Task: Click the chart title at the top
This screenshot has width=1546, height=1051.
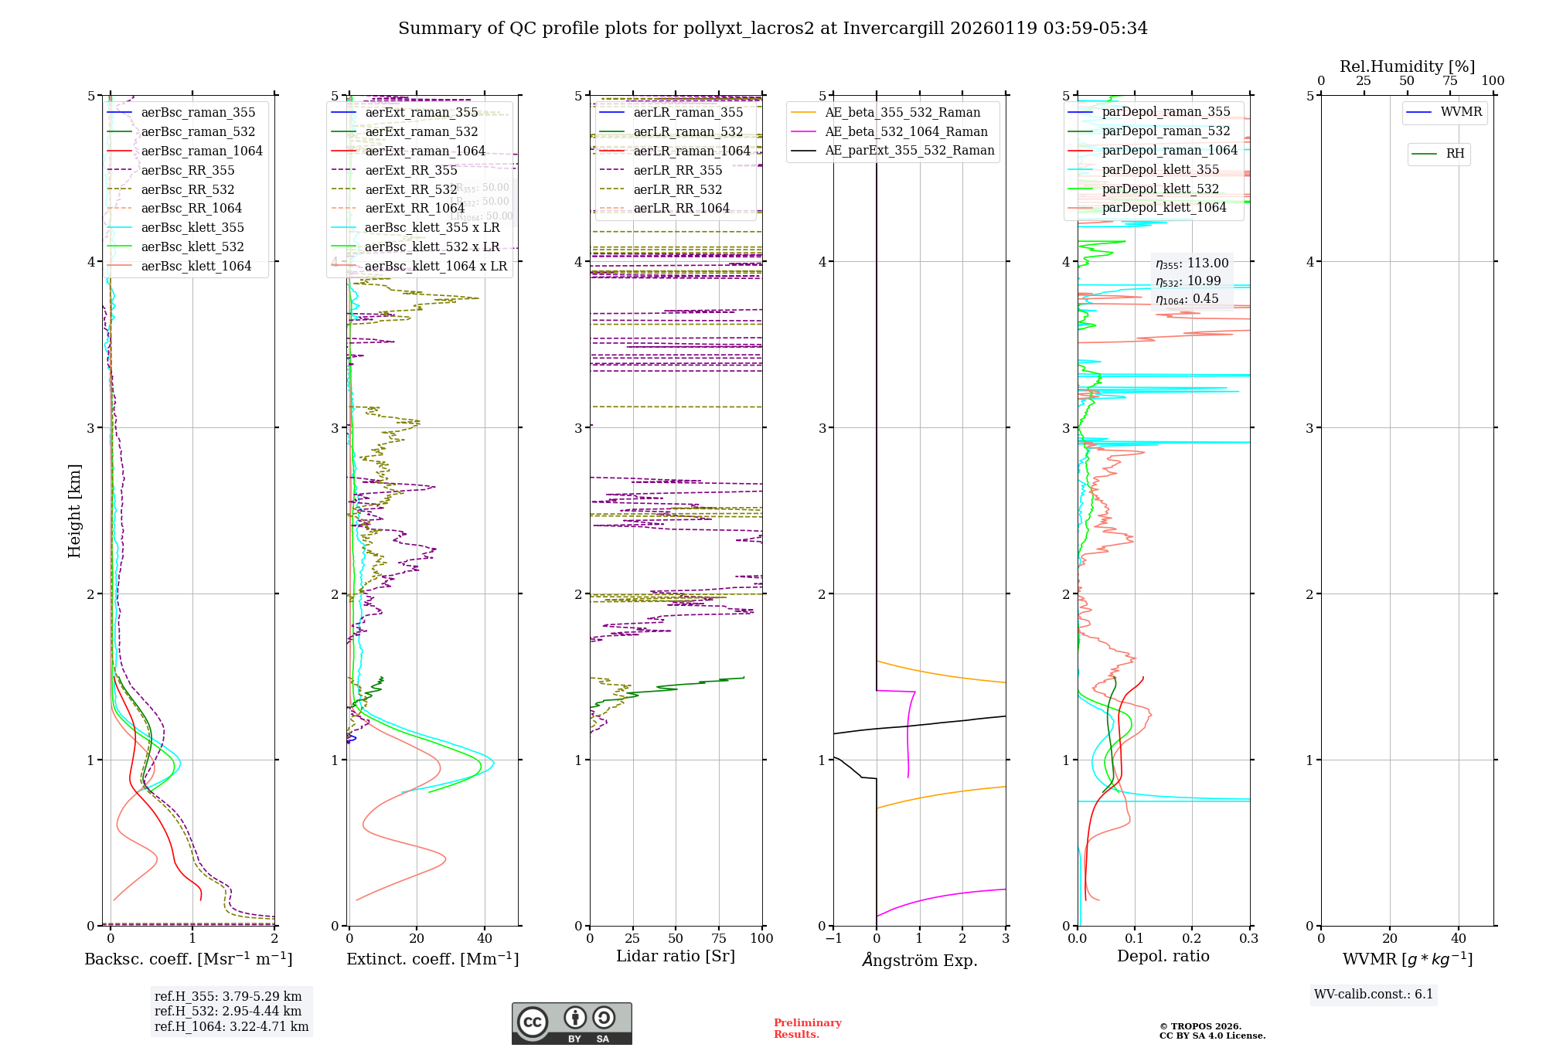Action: [x=772, y=29]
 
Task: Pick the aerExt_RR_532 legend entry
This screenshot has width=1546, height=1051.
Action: [x=410, y=190]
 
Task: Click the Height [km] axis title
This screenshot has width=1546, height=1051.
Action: [x=74, y=510]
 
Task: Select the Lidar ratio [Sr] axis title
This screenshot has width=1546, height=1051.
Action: [x=675, y=957]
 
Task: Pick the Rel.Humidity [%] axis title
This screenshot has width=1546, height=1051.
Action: [x=1407, y=66]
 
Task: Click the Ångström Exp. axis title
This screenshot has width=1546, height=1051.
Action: [x=919, y=961]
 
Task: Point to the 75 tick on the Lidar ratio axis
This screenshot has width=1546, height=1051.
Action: [x=719, y=939]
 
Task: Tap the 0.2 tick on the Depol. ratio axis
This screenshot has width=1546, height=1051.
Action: [x=1191, y=939]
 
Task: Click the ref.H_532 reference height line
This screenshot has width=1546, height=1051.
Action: [x=228, y=1012]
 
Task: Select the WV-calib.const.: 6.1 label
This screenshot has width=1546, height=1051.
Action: [x=1374, y=995]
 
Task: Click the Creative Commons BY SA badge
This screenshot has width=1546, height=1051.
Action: [x=571, y=1023]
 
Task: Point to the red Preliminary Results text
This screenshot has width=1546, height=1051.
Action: [x=807, y=1029]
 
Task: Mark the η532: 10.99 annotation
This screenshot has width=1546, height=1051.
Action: [x=1188, y=281]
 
